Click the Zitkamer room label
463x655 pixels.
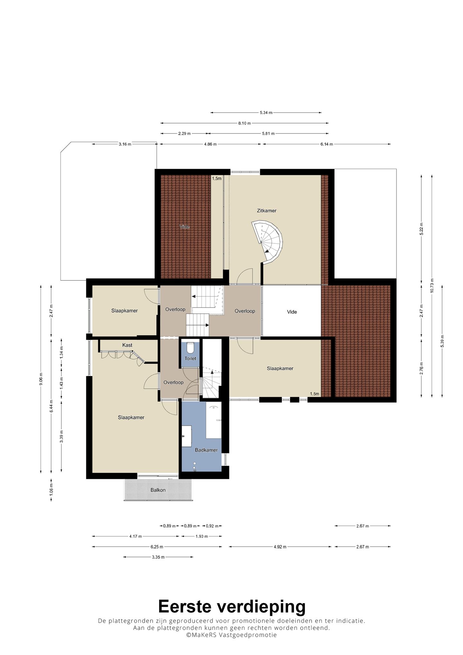(267, 211)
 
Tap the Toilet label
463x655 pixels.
(190, 358)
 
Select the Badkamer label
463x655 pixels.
(206, 450)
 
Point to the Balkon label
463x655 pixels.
(158, 490)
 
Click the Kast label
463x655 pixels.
(127, 345)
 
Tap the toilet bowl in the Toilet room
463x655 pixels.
(190, 347)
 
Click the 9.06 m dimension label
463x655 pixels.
(41, 378)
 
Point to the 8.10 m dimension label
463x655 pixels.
(244, 123)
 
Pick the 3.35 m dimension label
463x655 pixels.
(158, 557)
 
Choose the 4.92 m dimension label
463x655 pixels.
(280, 547)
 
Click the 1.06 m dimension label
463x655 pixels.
(51, 490)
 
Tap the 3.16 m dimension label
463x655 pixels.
(125, 144)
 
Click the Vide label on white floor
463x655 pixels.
(292, 312)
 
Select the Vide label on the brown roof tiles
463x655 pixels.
(185, 227)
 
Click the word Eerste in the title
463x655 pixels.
(185, 606)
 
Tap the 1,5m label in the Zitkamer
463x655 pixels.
(217, 178)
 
